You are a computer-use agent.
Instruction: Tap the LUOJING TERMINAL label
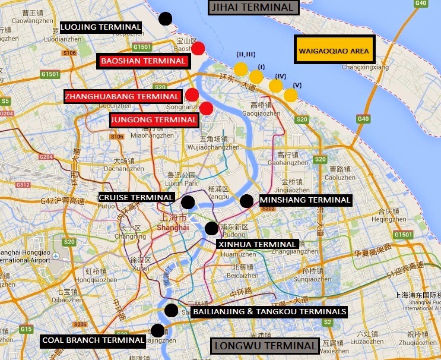click(101, 27)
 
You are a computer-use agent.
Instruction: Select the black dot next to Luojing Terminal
click(166, 18)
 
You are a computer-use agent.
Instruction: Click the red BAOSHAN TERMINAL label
click(143, 61)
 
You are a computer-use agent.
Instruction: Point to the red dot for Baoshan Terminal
click(198, 48)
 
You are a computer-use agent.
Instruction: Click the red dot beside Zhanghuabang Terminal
click(192, 94)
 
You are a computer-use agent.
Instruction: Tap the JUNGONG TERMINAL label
click(154, 120)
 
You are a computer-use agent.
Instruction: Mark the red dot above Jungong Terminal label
click(206, 108)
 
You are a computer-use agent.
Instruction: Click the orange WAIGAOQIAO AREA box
click(334, 50)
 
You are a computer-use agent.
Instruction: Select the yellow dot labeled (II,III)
click(240, 69)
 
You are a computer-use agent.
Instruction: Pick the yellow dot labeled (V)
click(290, 95)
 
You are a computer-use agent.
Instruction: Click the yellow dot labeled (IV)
click(275, 86)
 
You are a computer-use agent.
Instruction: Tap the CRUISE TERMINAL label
click(137, 197)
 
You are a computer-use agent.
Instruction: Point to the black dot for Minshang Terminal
click(246, 201)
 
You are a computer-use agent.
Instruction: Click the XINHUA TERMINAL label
click(257, 244)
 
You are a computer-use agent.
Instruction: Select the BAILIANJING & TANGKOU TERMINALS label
click(269, 311)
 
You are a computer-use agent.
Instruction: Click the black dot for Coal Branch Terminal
click(157, 330)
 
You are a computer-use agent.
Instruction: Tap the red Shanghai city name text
click(173, 228)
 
